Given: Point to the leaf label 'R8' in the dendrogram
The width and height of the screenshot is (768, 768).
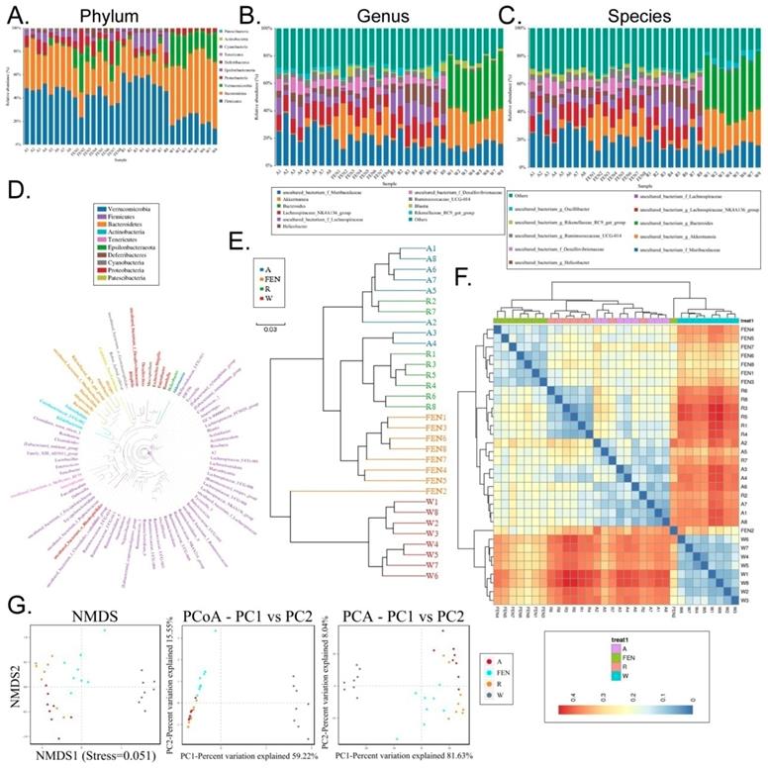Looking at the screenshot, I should pos(402,408).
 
